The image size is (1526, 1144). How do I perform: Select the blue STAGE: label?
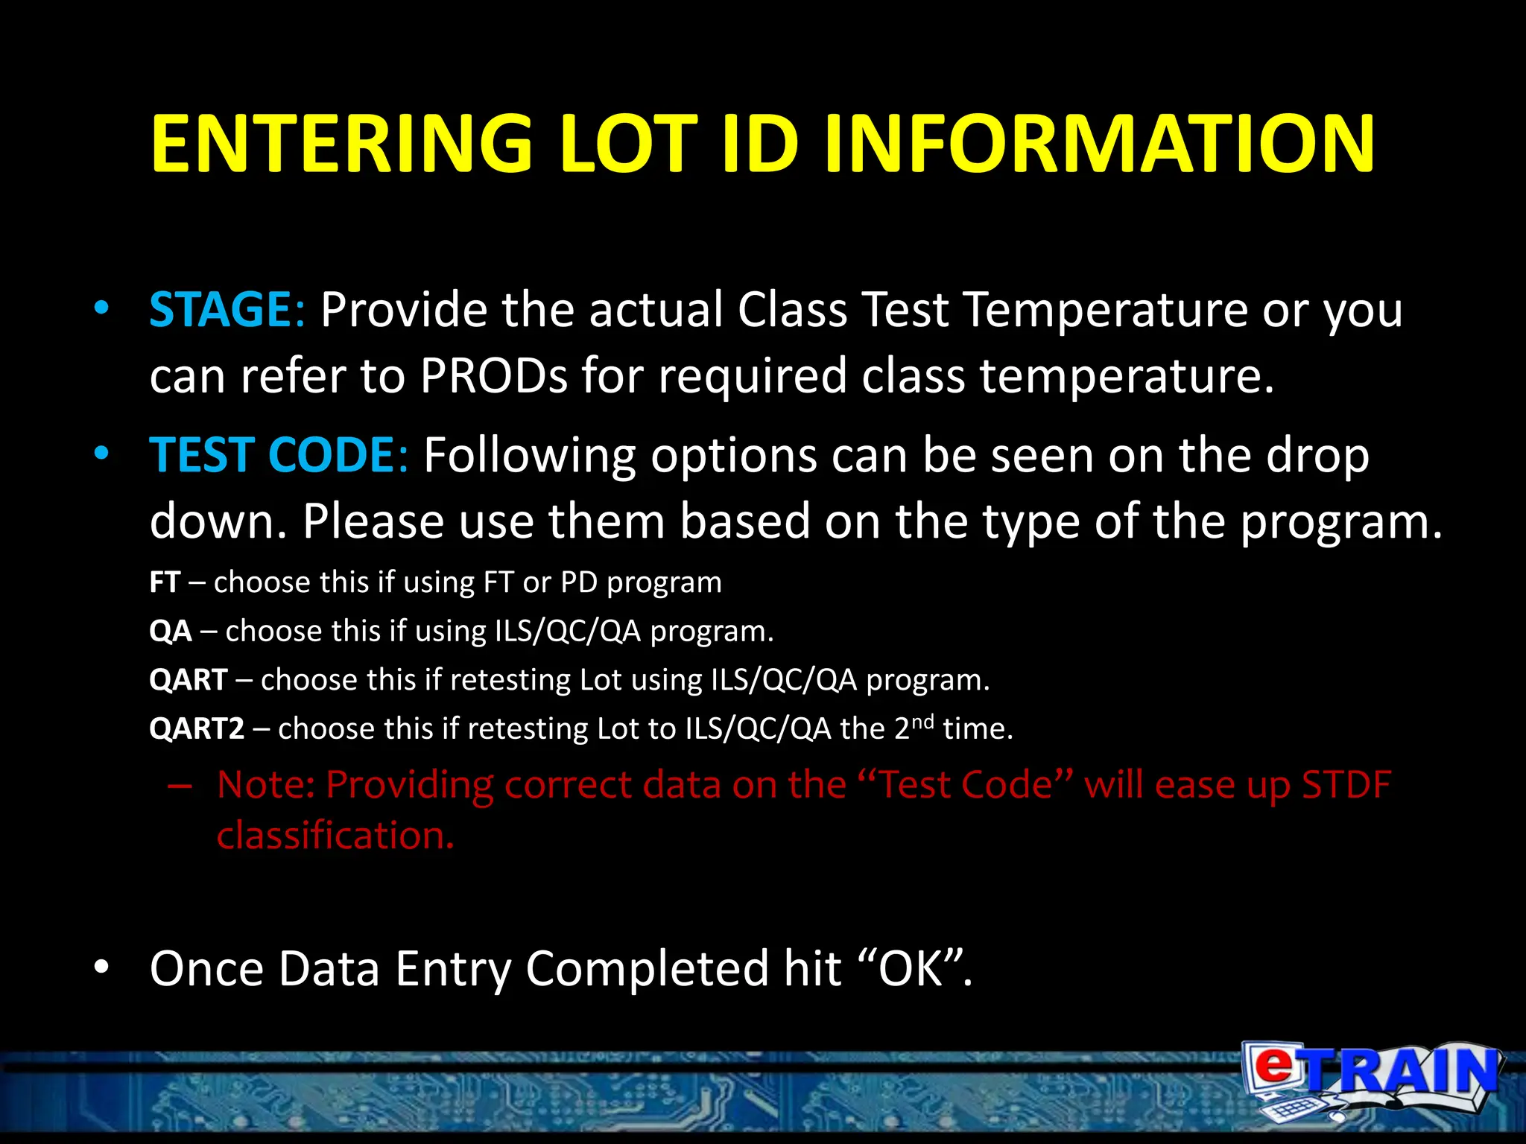coord(227,309)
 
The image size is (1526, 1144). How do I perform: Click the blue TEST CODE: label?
coord(278,455)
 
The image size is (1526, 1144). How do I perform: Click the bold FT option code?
coord(165,582)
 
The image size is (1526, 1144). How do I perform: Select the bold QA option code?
coord(171,632)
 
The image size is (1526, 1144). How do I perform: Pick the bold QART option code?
coord(188,680)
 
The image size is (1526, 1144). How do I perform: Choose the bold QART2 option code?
coord(197,728)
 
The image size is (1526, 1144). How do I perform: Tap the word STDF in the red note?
coord(1346,784)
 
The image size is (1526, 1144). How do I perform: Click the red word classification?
coord(335,836)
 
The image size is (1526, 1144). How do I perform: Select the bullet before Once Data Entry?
coord(101,967)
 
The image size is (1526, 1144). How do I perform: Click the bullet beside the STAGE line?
coord(101,309)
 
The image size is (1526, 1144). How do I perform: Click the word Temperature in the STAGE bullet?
coord(1105,309)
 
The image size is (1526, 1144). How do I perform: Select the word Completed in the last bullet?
coord(646,968)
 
